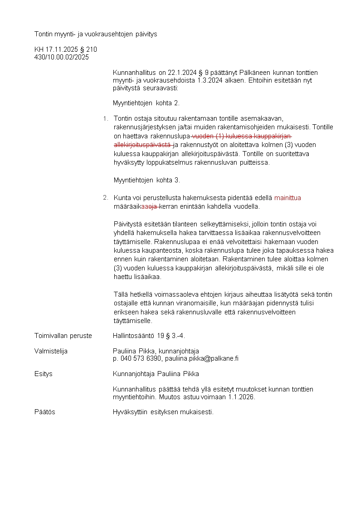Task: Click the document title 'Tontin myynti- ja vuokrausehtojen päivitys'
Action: [x=96, y=34]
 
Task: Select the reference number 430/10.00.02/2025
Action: [x=62, y=57]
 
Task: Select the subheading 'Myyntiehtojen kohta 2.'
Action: [x=146, y=103]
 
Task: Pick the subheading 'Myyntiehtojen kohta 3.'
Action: [x=147, y=180]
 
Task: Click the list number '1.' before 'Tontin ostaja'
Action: [x=105, y=119]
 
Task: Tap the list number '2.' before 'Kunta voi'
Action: [x=105, y=197]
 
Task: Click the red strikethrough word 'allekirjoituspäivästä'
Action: [x=142, y=145]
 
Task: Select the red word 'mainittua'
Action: [x=287, y=198]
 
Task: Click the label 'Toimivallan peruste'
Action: [x=63, y=336]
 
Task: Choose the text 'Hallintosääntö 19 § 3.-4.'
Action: [x=149, y=336]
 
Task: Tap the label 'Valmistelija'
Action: [x=51, y=351]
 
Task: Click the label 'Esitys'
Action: [x=44, y=374]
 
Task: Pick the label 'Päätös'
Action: [x=45, y=412]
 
